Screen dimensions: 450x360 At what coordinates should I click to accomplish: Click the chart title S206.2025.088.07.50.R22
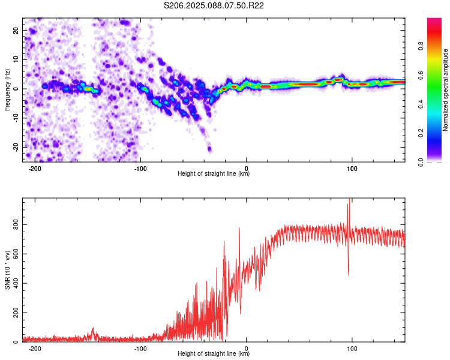point(214,5)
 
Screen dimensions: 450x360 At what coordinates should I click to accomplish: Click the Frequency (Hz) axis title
point(7,90)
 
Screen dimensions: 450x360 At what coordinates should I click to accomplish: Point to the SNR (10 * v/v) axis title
point(7,270)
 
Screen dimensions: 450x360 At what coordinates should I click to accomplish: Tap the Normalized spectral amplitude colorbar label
point(445,90)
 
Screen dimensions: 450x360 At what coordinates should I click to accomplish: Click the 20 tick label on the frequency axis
point(16,30)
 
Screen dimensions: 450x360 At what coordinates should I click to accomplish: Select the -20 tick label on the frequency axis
point(16,148)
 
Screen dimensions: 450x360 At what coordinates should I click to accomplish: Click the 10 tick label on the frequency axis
point(16,59)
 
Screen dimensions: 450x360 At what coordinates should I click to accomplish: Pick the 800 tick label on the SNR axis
point(16,225)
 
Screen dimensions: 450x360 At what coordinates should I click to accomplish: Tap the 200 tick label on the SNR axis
point(16,313)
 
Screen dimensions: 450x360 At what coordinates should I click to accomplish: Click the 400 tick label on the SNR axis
point(16,283)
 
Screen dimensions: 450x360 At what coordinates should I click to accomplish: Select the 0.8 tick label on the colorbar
point(421,46)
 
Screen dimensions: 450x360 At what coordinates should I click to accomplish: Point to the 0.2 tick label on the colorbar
point(421,133)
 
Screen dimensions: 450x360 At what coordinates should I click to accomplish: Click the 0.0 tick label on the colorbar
point(421,162)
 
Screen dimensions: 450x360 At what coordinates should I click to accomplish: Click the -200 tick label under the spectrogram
point(35,169)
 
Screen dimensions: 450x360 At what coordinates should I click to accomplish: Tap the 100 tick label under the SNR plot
point(352,349)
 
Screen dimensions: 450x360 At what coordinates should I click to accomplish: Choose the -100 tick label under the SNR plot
point(140,349)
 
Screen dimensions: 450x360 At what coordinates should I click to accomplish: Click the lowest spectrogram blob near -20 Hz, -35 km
point(209,149)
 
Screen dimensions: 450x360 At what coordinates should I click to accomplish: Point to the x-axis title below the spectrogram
point(214,173)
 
